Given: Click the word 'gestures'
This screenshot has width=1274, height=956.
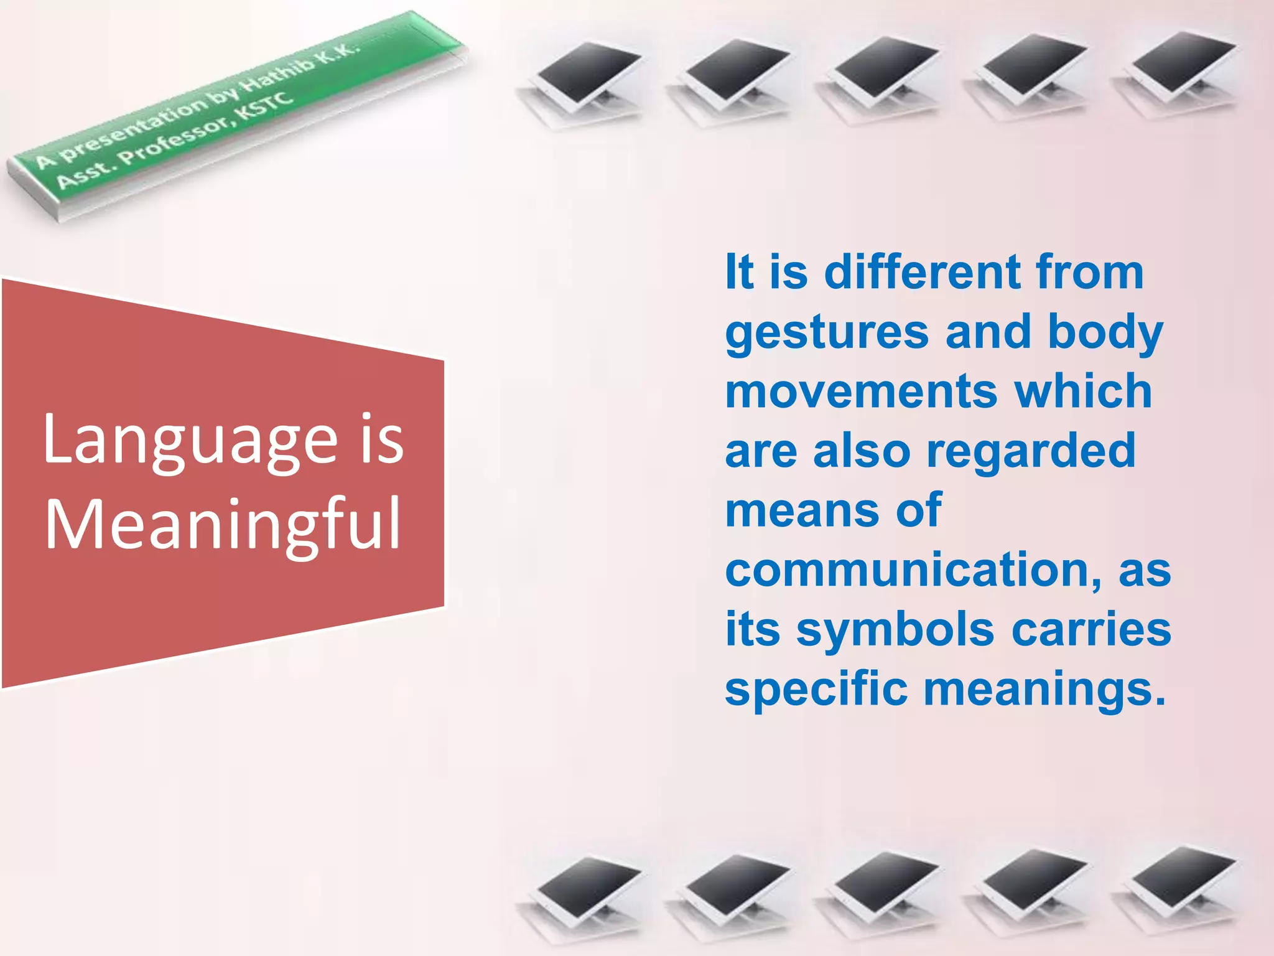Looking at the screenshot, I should [x=827, y=333].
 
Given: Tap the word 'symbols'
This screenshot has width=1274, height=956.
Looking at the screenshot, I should [x=895, y=629].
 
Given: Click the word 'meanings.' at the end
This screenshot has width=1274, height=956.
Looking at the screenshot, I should [x=1044, y=690].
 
